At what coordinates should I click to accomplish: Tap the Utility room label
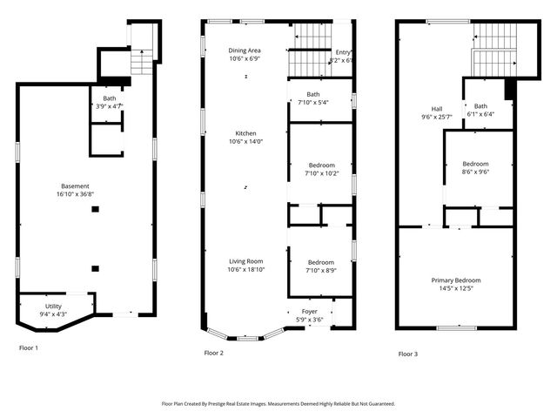coord(54,307)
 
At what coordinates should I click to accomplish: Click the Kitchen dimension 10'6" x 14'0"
coord(245,141)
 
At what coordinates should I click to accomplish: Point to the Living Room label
coord(245,260)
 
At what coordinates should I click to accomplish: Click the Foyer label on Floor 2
coord(310,312)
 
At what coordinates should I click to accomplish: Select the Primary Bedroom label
coord(456,280)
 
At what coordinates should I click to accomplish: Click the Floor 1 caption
coord(29,347)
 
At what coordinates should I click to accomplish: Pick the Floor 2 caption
coord(214,353)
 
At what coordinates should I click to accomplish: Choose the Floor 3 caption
coord(408,354)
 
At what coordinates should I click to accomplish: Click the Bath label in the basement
coord(109,98)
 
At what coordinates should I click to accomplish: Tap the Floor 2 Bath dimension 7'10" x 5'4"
coord(312,104)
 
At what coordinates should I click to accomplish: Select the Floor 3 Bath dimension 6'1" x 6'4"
coord(480,114)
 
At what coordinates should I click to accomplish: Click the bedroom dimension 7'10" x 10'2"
coord(320,172)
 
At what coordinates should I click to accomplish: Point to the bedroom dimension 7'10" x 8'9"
coord(320,270)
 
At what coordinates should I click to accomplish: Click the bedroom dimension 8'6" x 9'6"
coord(475,172)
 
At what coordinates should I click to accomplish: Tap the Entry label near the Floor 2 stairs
coord(343,52)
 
